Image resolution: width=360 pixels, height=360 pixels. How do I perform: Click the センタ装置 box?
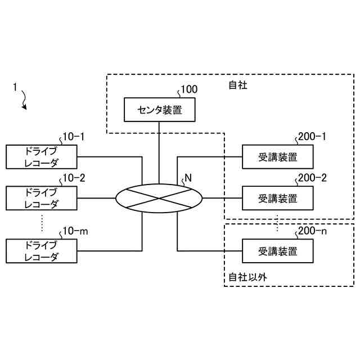click(x=160, y=110)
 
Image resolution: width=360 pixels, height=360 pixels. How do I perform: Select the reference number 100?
click(x=189, y=89)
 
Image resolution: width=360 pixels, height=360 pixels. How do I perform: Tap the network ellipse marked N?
click(x=159, y=199)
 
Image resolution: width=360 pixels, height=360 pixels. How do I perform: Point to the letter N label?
click(x=188, y=178)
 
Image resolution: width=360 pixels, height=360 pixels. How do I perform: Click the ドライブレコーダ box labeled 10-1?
click(x=41, y=157)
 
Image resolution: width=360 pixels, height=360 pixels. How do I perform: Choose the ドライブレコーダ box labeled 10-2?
click(x=41, y=198)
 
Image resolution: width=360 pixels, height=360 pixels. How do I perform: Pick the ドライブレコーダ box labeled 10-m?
click(x=41, y=251)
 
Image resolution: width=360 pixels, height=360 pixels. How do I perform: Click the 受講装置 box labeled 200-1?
click(x=278, y=157)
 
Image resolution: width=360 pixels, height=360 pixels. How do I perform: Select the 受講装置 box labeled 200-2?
click(x=278, y=198)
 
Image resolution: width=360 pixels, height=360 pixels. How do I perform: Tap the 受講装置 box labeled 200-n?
click(x=278, y=251)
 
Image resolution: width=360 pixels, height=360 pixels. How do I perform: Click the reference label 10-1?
click(x=74, y=137)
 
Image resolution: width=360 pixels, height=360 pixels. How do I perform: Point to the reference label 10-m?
click(x=75, y=231)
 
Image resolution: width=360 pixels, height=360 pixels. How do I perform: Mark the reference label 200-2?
click(x=312, y=178)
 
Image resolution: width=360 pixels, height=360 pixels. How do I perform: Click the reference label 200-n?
click(x=312, y=231)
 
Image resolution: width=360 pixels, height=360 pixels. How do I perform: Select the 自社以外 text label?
click(x=247, y=277)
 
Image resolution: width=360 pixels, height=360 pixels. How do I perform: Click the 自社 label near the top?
click(x=238, y=85)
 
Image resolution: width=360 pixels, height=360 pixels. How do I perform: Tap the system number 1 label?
click(x=15, y=87)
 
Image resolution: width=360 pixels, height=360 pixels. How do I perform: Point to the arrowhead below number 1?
click(x=24, y=107)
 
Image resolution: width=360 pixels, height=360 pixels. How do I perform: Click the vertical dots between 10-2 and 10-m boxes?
click(x=42, y=223)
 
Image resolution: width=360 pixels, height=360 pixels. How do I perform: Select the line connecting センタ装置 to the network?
click(x=159, y=153)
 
